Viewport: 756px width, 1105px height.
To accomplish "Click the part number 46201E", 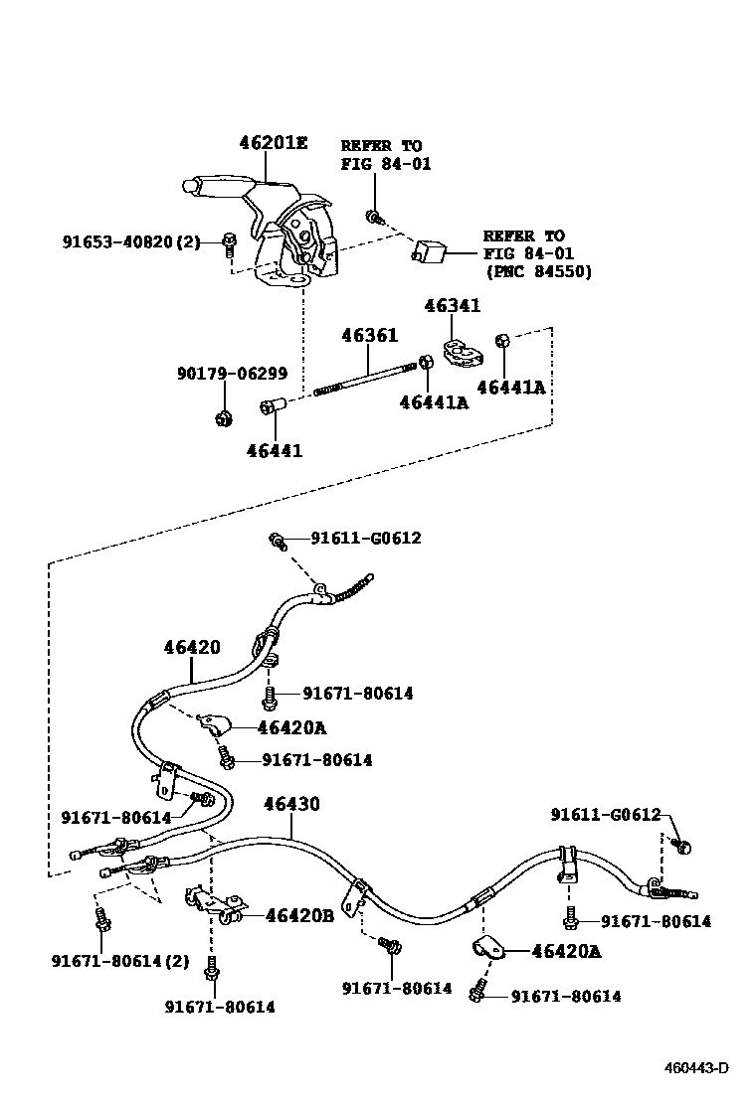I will coord(273,143).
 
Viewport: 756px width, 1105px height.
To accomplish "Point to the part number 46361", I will coord(369,337).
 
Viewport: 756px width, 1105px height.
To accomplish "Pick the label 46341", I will coord(452,307).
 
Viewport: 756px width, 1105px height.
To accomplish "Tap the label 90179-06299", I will coord(233,375).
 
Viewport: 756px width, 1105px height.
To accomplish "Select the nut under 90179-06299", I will coord(224,417).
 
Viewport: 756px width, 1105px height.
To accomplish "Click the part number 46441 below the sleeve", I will coord(274,450).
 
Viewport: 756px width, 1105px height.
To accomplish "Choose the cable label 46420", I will coord(192,648).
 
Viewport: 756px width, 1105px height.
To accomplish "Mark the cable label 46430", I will coord(291,803).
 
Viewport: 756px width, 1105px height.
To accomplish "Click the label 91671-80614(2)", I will coord(119,960).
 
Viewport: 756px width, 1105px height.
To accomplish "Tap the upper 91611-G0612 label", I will coord(365,539).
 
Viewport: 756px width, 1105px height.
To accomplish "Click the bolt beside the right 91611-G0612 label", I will coord(681,846).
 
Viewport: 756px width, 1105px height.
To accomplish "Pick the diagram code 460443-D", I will coord(696,1068).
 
